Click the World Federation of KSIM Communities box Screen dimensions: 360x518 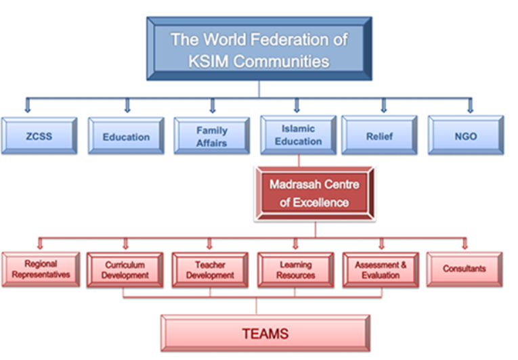click(x=259, y=49)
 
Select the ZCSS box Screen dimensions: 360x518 click(x=39, y=136)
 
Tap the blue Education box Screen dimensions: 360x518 click(x=126, y=136)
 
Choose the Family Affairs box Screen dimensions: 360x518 click(x=212, y=136)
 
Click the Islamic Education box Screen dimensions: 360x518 click(x=298, y=135)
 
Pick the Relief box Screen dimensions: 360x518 click(x=379, y=136)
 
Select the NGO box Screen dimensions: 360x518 click(x=465, y=136)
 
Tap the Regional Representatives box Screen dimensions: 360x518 click(x=40, y=269)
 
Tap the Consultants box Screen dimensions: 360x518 click(x=465, y=269)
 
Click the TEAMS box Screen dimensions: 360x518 click(x=265, y=333)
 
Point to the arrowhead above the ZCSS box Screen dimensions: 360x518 click(x=28, y=107)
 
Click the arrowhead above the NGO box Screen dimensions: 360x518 click(x=469, y=107)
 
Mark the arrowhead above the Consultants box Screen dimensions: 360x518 click(x=465, y=244)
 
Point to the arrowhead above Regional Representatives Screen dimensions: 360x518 click(x=39, y=244)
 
